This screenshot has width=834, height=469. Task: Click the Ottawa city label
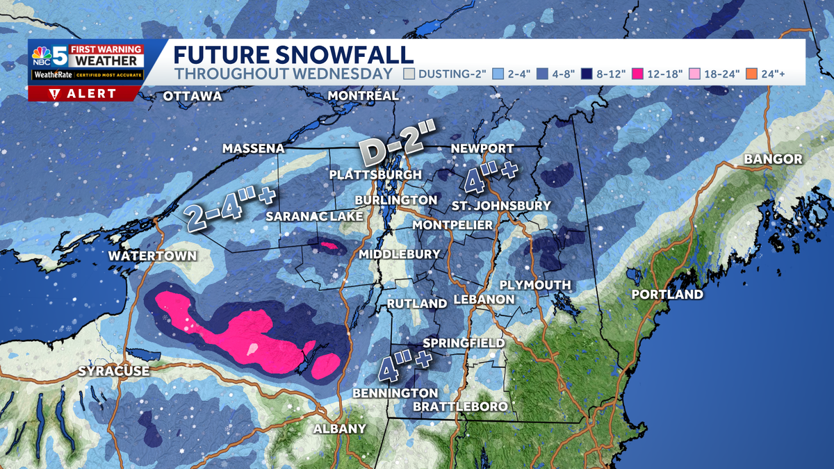coord(193,96)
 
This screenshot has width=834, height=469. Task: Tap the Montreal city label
coord(363,95)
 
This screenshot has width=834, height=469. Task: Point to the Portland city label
coord(667,295)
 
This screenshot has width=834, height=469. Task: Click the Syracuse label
coord(113,371)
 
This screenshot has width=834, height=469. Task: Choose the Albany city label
coord(339,429)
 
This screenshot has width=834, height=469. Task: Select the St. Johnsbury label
coord(500,206)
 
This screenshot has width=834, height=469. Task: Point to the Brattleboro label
coord(460,406)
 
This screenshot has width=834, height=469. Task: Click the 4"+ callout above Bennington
coord(404,368)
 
